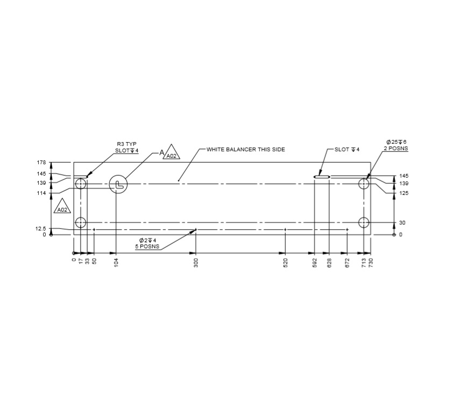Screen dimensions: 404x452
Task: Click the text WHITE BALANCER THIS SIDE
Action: (245, 149)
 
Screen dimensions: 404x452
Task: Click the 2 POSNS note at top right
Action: (395, 148)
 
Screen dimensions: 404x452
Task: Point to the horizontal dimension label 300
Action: (196, 262)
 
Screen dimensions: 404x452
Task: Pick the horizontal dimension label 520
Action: (285, 262)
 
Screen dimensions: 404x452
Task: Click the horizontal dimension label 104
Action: (116, 262)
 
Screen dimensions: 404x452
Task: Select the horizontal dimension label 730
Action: (370, 262)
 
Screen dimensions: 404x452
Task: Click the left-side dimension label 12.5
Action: (40, 228)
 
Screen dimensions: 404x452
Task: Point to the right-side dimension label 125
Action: (404, 193)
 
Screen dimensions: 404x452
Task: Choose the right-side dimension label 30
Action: (401, 222)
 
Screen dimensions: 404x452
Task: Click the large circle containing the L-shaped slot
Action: (117, 184)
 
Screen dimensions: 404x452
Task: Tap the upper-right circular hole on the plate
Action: (364, 184)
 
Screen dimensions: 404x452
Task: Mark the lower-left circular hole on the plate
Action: (81, 222)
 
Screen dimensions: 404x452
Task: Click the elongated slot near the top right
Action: (322, 176)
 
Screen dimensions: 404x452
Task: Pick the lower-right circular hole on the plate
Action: (364, 222)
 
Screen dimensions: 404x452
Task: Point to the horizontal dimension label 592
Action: (315, 262)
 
